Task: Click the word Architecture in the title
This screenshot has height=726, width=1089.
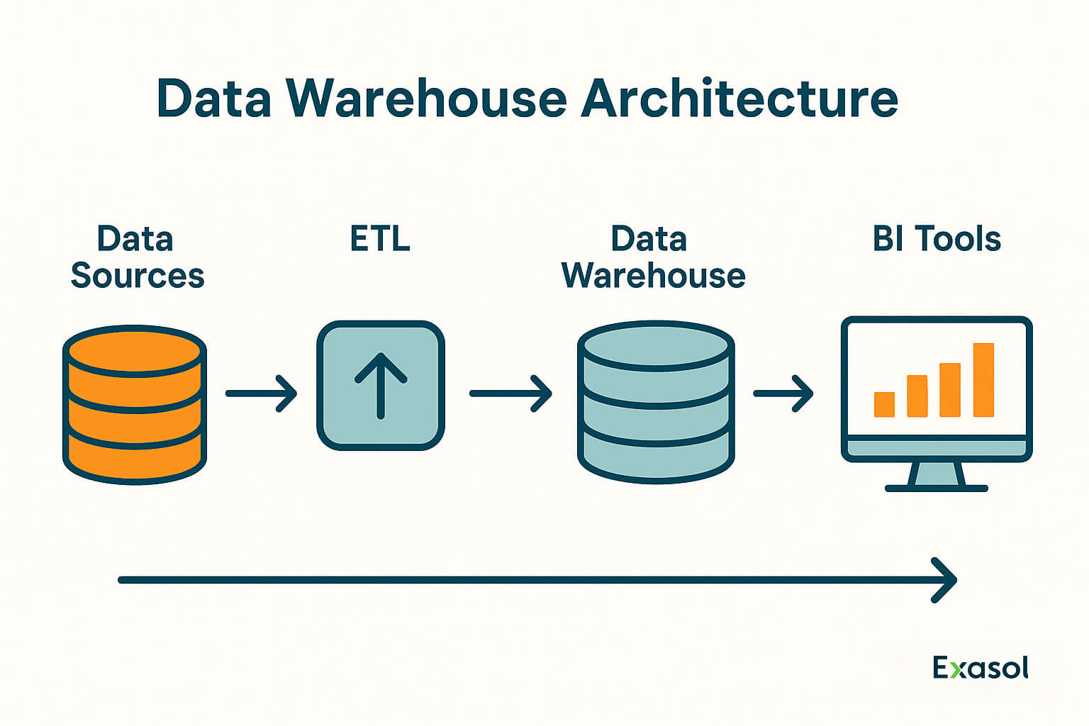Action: tap(739, 99)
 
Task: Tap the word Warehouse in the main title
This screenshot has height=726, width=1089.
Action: tap(427, 99)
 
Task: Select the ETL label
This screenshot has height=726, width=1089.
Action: tap(380, 239)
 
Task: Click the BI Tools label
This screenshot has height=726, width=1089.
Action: tap(937, 239)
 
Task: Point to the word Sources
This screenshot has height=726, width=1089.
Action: tap(138, 276)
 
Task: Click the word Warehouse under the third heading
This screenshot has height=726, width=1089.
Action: tap(653, 276)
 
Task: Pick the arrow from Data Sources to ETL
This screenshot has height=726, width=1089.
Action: tap(261, 393)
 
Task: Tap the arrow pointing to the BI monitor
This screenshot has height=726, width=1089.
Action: tap(783, 393)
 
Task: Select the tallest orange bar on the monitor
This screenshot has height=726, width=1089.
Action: tap(983, 380)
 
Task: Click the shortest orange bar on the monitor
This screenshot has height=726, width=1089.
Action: tap(884, 404)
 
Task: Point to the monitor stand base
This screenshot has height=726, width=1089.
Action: tap(936, 488)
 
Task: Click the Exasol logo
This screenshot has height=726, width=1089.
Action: tap(980, 668)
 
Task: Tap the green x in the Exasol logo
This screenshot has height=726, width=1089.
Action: tap(957, 670)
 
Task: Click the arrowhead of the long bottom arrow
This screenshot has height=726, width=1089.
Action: tap(946, 580)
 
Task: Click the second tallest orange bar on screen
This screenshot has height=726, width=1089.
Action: tap(950, 390)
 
